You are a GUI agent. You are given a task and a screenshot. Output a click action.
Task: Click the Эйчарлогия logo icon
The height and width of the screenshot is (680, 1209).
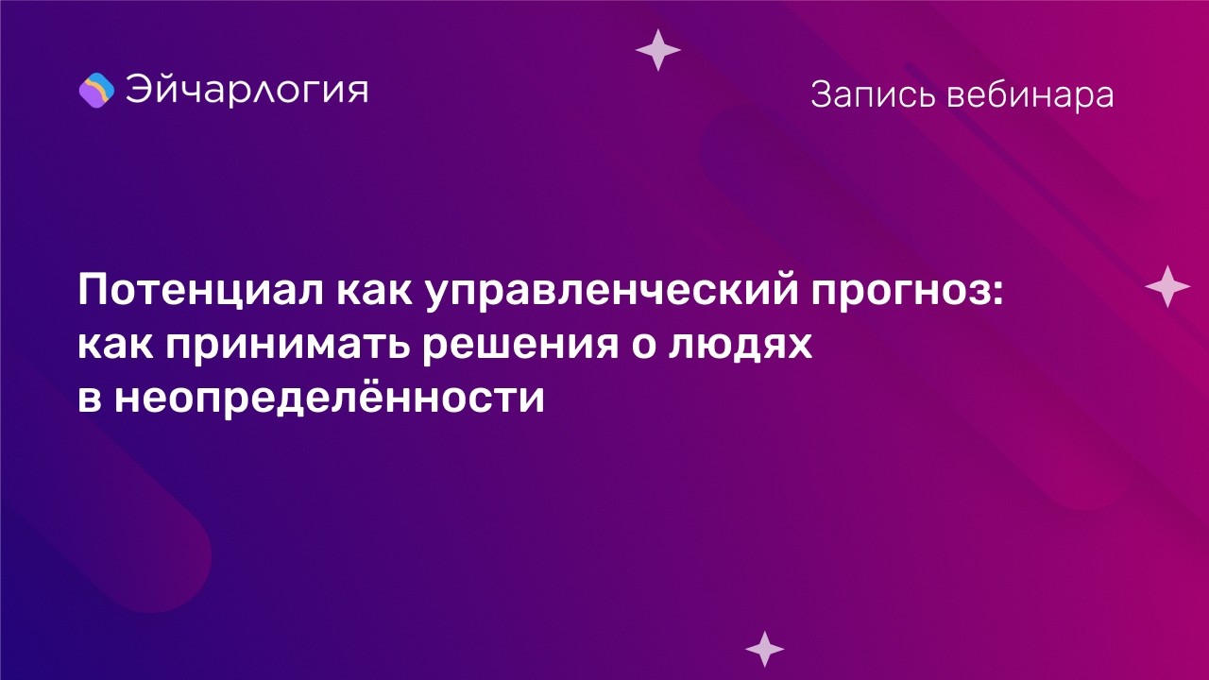coord(96,90)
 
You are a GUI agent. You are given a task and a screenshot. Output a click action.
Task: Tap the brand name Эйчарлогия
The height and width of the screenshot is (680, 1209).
coord(247,90)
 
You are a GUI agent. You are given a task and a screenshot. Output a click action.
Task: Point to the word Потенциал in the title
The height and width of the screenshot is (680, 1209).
coord(199,293)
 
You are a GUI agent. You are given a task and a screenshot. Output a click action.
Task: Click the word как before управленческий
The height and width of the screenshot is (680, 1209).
coord(373,293)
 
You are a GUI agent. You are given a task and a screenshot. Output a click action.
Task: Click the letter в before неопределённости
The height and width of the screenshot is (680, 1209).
coord(88,399)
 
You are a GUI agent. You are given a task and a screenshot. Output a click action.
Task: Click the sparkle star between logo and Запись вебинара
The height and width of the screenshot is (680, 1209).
coord(658,49)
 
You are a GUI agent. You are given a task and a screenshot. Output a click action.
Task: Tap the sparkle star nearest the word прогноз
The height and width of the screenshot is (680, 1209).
coord(1167,286)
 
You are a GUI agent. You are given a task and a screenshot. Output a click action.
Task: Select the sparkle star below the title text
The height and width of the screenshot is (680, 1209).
coord(765,648)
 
